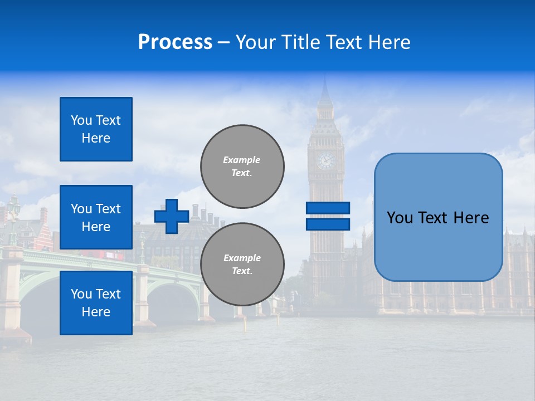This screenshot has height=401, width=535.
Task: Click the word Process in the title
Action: [175, 42]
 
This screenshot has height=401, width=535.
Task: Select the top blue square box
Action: [96, 129]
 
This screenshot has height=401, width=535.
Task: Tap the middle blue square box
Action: [96, 217]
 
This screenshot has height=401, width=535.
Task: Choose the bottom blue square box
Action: [96, 303]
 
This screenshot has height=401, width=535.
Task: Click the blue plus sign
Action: [172, 216]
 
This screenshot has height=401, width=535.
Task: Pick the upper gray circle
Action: [242, 166]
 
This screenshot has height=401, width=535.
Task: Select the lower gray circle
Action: [242, 264]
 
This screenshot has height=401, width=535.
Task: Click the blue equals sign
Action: [328, 216]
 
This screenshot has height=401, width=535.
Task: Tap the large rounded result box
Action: [438, 217]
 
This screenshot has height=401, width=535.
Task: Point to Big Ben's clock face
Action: [325, 161]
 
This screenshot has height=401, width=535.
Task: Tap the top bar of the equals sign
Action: [328, 208]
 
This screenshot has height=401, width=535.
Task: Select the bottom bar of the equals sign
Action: [328, 224]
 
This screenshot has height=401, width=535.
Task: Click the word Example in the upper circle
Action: [241, 160]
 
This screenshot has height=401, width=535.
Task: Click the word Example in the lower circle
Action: [241, 258]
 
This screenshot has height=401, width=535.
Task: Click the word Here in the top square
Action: [96, 138]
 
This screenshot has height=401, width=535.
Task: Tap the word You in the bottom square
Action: [81, 294]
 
